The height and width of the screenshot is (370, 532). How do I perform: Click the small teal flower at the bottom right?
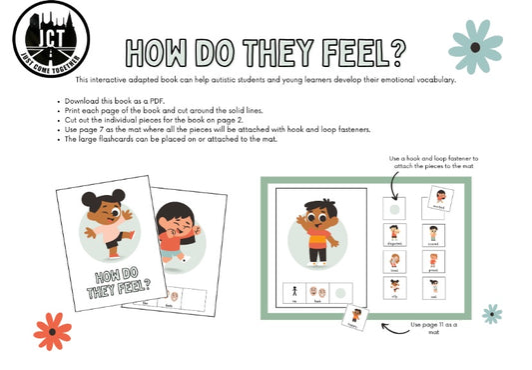click(491, 313)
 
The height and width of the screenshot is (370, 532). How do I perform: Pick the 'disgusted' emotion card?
click(394, 236)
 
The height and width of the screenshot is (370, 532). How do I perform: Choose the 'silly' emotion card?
click(394, 289)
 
